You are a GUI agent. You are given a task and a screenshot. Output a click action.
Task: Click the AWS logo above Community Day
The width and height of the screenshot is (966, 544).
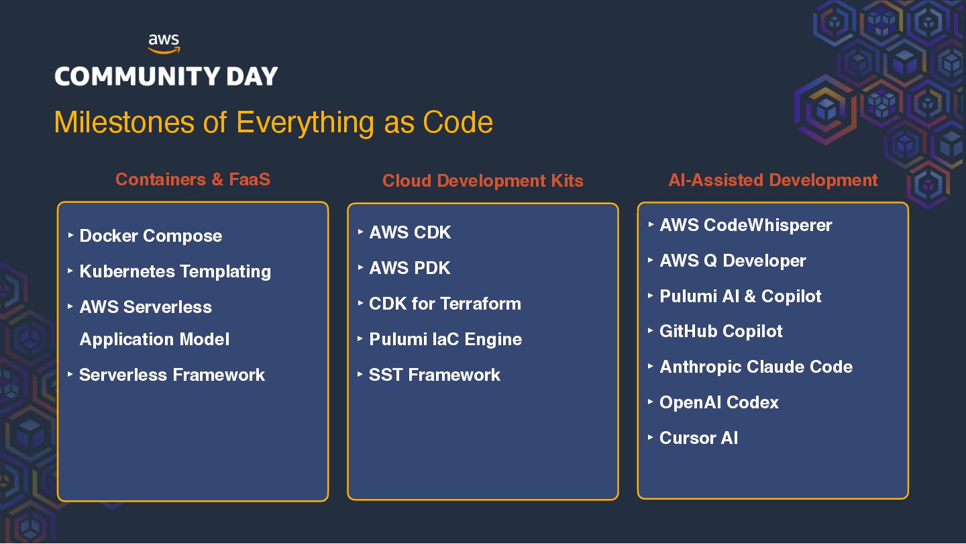coord(164,44)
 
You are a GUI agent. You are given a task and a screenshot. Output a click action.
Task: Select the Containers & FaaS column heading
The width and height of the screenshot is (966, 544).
coord(193,179)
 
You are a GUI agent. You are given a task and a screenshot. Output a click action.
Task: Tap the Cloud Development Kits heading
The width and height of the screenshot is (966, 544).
coord(482,181)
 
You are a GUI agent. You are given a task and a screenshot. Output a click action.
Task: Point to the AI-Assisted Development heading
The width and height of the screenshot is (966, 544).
coord(773,180)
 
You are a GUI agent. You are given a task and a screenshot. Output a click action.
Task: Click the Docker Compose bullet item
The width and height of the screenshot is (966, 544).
coord(150,236)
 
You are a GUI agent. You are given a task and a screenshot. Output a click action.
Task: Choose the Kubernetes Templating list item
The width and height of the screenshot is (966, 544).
coord(175,271)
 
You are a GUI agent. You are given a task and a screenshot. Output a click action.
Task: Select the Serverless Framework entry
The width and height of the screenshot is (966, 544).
coord(172,375)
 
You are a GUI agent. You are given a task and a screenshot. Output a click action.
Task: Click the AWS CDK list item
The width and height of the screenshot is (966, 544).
coord(410,232)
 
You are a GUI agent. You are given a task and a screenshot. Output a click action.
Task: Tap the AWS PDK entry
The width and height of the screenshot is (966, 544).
coord(409,268)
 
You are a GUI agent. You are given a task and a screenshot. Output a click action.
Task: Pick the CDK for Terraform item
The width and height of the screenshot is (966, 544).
coord(445,304)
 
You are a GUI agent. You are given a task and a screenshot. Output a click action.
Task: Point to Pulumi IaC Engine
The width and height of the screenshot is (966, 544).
coord(445,339)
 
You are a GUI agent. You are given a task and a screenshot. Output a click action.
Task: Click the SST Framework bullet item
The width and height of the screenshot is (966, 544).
coord(434,375)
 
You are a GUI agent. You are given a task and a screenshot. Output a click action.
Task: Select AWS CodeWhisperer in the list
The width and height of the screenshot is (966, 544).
coord(745,225)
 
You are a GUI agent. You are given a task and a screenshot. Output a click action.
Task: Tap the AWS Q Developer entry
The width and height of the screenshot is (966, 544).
coord(733,261)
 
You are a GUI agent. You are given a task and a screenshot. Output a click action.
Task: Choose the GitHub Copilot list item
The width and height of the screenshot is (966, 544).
coord(721,331)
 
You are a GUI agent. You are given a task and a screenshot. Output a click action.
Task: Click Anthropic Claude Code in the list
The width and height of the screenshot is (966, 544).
coord(756,367)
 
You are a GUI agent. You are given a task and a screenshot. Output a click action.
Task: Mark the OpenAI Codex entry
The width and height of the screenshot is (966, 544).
coord(719,402)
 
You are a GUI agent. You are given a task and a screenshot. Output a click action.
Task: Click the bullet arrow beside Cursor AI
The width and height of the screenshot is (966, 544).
coord(651,437)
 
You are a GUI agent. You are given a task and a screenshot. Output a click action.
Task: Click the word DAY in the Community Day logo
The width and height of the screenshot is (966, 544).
coord(250,77)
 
